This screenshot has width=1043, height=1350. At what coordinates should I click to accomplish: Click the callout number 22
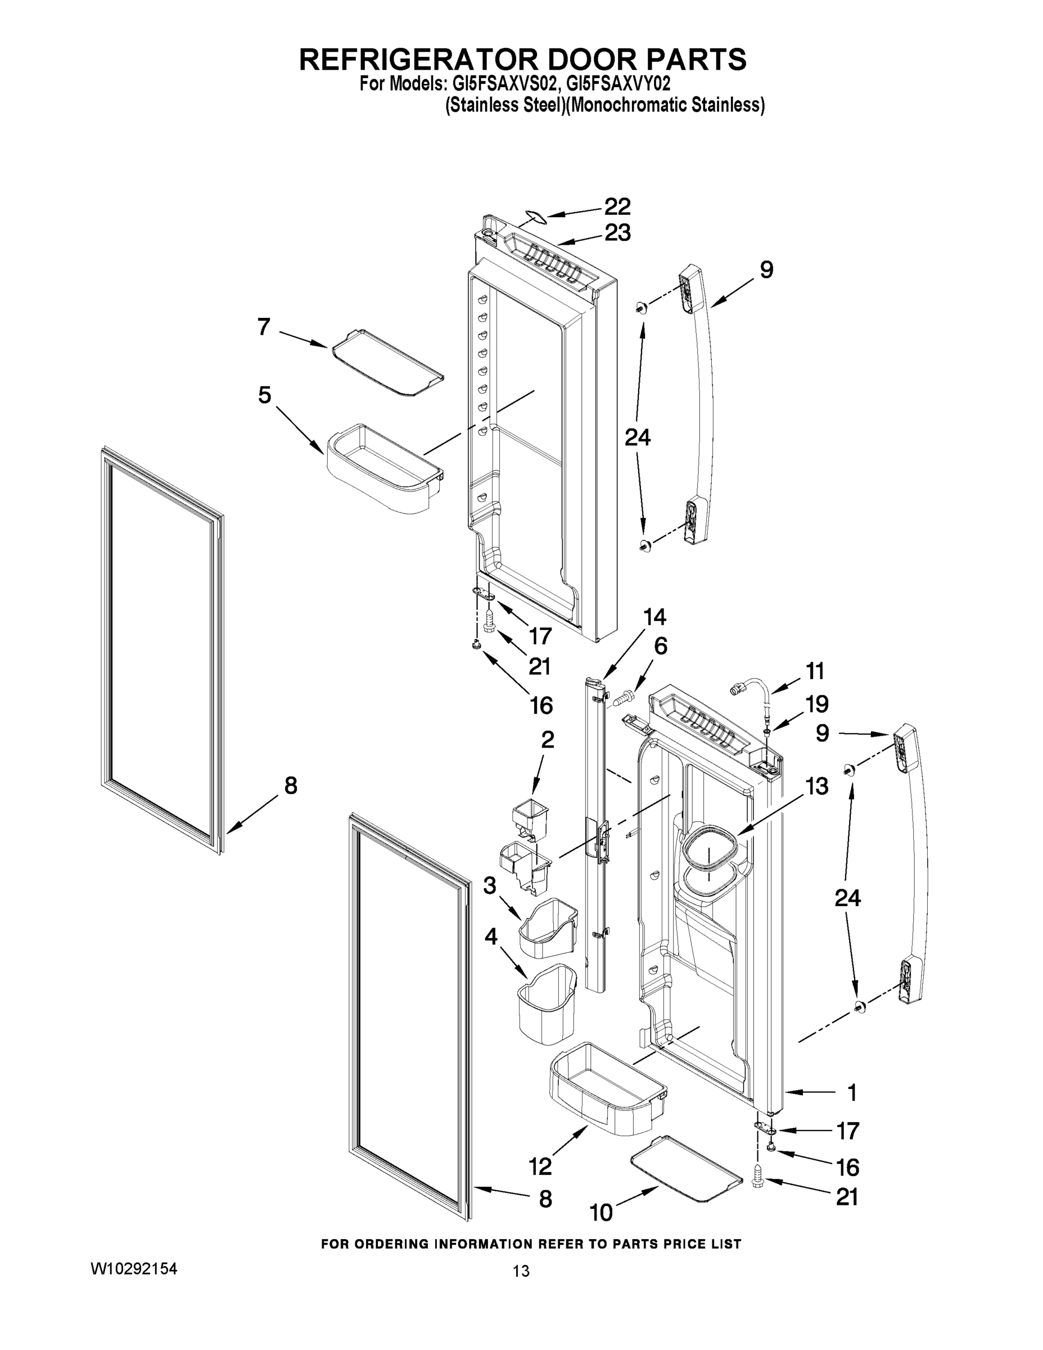[x=617, y=206]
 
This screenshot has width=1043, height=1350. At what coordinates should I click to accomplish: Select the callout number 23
[x=617, y=233]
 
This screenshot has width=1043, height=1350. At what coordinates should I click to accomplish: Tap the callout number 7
[x=264, y=326]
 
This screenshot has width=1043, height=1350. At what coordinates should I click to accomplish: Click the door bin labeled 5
[x=383, y=467]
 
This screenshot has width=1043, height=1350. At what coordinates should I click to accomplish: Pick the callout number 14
[x=654, y=617]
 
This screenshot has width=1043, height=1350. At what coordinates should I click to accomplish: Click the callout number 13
[x=816, y=786]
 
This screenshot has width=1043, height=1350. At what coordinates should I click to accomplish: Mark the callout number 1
[x=851, y=1093]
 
